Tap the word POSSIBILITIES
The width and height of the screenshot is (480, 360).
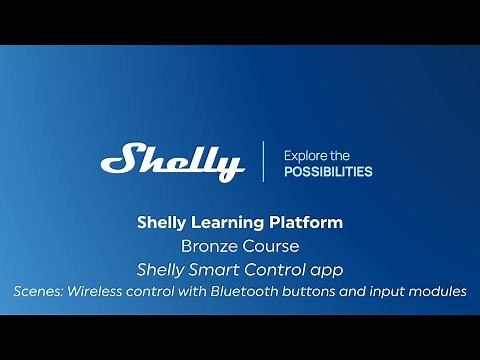pyautogui.click(x=328, y=172)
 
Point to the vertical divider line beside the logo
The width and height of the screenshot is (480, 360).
pyautogui.click(x=264, y=161)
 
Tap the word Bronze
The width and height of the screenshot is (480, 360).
pyautogui.click(x=206, y=245)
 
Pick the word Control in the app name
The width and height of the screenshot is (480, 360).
pyautogui.click(x=289, y=268)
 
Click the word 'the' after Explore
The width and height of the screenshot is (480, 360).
pyautogui.click(x=341, y=155)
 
